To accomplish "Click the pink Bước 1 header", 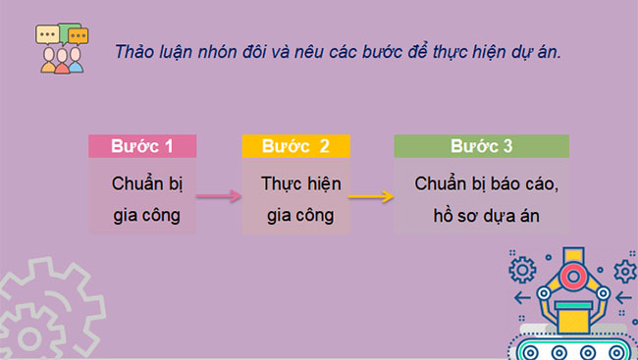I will click(x=142, y=147).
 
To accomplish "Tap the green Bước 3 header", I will click(x=481, y=147).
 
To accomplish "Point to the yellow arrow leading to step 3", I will click(x=371, y=197).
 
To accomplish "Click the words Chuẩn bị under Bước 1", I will click(x=142, y=184).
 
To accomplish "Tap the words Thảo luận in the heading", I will click(x=148, y=51).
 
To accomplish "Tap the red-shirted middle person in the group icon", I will click(x=62, y=63).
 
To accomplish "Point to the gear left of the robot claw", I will click(x=524, y=268).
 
